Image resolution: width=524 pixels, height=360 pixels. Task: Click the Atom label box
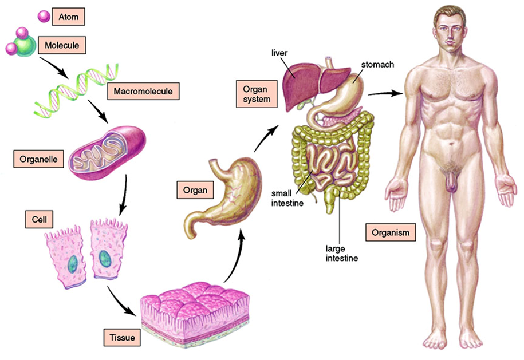click(x=69, y=17)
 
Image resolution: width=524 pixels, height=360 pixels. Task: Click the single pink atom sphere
click(x=44, y=17)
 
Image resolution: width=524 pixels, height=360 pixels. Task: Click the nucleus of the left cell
click(x=72, y=263)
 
